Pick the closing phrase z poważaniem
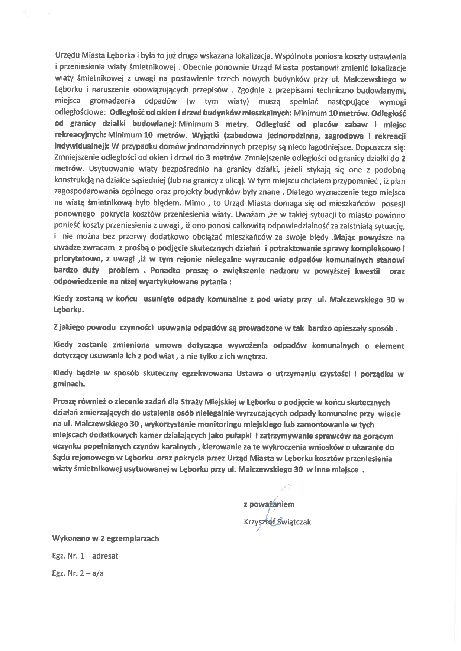269,504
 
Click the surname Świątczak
292,522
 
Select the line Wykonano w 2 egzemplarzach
106,538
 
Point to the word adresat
105,556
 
